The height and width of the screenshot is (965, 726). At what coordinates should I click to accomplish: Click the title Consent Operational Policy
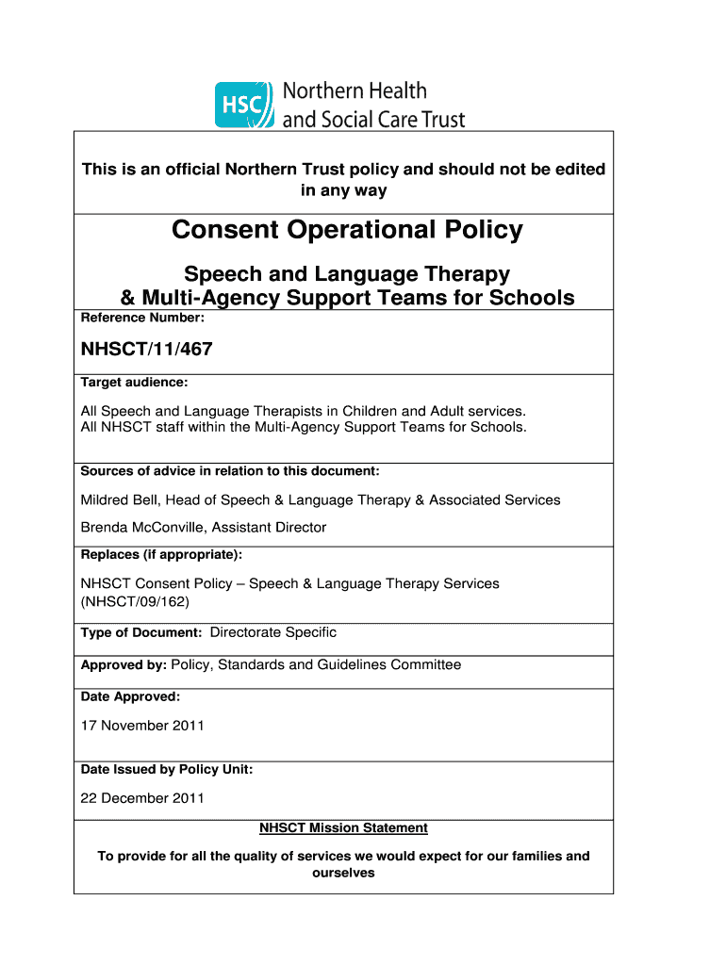point(347,230)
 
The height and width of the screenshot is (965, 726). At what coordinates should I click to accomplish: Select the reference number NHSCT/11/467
point(146,350)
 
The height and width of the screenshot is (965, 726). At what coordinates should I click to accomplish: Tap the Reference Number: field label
point(142,319)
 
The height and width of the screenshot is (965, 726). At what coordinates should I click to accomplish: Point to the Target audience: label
point(134,383)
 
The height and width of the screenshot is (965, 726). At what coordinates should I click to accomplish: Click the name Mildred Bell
point(120,499)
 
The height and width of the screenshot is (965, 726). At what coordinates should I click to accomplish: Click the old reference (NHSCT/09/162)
point(141,601)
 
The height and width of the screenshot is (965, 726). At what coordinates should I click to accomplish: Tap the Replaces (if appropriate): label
point(161,554)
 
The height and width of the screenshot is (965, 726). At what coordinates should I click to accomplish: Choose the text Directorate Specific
point(272,632)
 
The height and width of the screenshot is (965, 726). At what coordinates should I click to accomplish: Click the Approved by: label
point(124,665)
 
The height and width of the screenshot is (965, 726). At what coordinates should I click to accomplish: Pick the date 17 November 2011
point(142,726)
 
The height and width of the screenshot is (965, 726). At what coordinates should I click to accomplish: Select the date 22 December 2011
point(142,798)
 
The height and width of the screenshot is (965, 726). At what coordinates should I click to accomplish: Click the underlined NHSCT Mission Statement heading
point(343,828)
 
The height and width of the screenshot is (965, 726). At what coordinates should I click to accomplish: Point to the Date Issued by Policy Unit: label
point(167,770)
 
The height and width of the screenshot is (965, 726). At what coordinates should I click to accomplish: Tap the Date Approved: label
point(130,697)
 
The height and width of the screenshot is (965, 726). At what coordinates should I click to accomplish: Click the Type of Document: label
point(141,633)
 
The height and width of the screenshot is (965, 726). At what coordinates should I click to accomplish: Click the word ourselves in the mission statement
point(343,873)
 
